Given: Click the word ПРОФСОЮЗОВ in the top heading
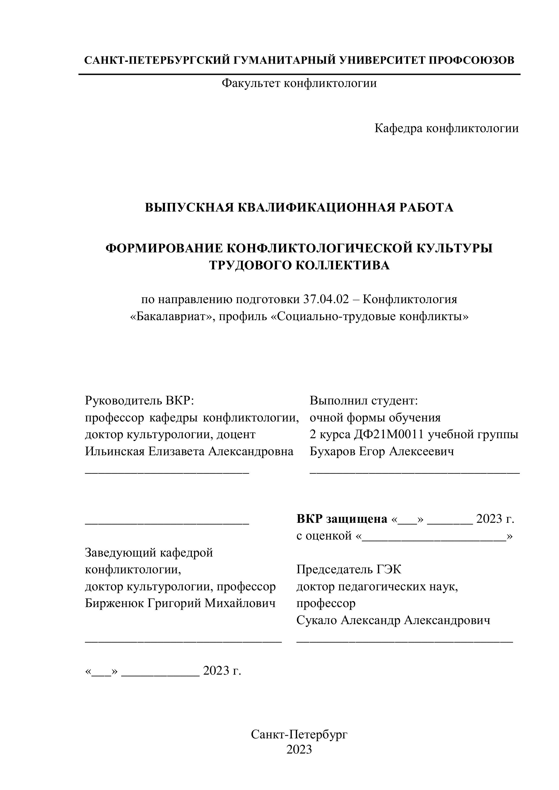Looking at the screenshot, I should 471,61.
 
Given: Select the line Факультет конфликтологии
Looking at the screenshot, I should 299,83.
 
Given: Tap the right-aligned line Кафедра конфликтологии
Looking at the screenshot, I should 446,128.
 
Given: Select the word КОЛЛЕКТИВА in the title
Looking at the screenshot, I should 343,265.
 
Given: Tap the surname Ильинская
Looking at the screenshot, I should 115,451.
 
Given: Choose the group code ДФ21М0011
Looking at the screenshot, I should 389,434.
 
